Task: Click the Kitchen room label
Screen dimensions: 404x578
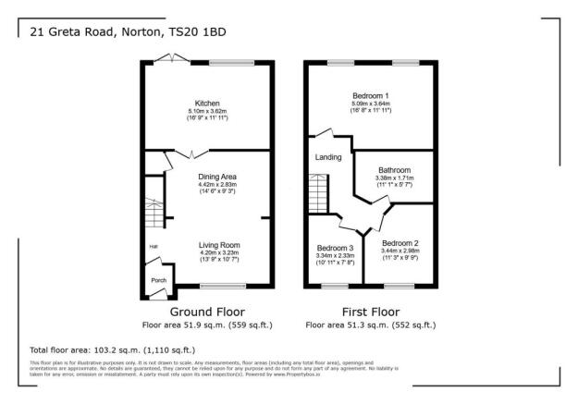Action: coord(206,103)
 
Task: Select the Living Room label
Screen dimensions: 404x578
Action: coord(219,245)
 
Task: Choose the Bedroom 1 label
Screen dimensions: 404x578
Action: coord(370,95)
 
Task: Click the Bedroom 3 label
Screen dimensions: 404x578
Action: coord(336,249)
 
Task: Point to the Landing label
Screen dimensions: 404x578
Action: coord(328,157)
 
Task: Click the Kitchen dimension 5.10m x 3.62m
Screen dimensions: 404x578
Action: coord(206,112)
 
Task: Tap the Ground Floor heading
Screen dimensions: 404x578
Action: coord(207,312)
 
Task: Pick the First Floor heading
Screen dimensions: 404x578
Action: coord(370,312)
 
